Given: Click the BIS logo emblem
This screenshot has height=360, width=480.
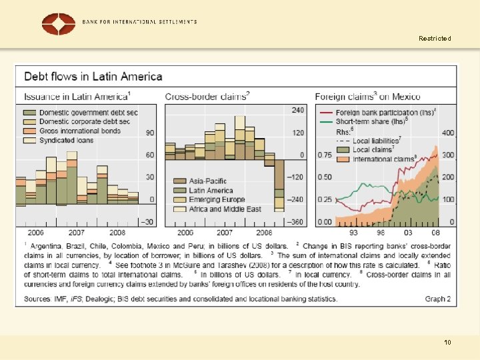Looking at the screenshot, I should [x=59, y=24].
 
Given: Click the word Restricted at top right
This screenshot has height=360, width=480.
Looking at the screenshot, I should [x=435, y=39].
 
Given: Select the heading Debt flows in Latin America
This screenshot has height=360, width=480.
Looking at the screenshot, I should [x=93, y=77].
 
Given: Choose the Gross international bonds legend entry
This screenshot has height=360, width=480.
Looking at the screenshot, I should [x=79, y=131].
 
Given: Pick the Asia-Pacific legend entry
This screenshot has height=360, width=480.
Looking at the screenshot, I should [x=207, y=181].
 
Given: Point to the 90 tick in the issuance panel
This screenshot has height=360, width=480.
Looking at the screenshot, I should [x=150, y=133].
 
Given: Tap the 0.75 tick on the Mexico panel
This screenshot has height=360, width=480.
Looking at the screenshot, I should [x=324, y=155].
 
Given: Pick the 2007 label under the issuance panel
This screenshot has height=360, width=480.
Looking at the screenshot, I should [x=76, y=233].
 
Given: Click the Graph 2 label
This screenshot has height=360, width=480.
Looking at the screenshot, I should [x=438, y=299].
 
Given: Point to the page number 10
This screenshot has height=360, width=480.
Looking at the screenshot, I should [x=447, y=343].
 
